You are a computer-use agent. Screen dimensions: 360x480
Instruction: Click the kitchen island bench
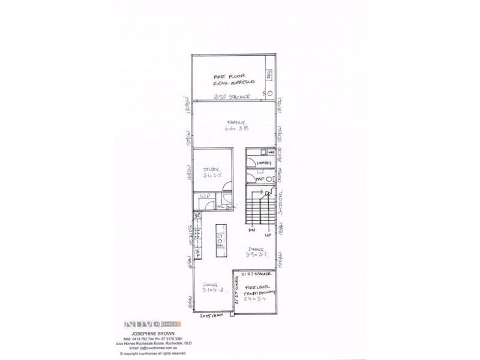pyautogui.click(x=220, y=239)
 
